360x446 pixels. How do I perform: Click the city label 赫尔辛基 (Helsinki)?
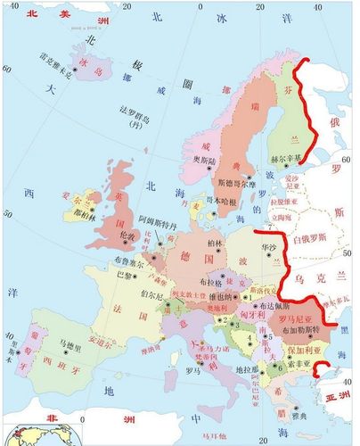pyautogui.click(x=282, y=160)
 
